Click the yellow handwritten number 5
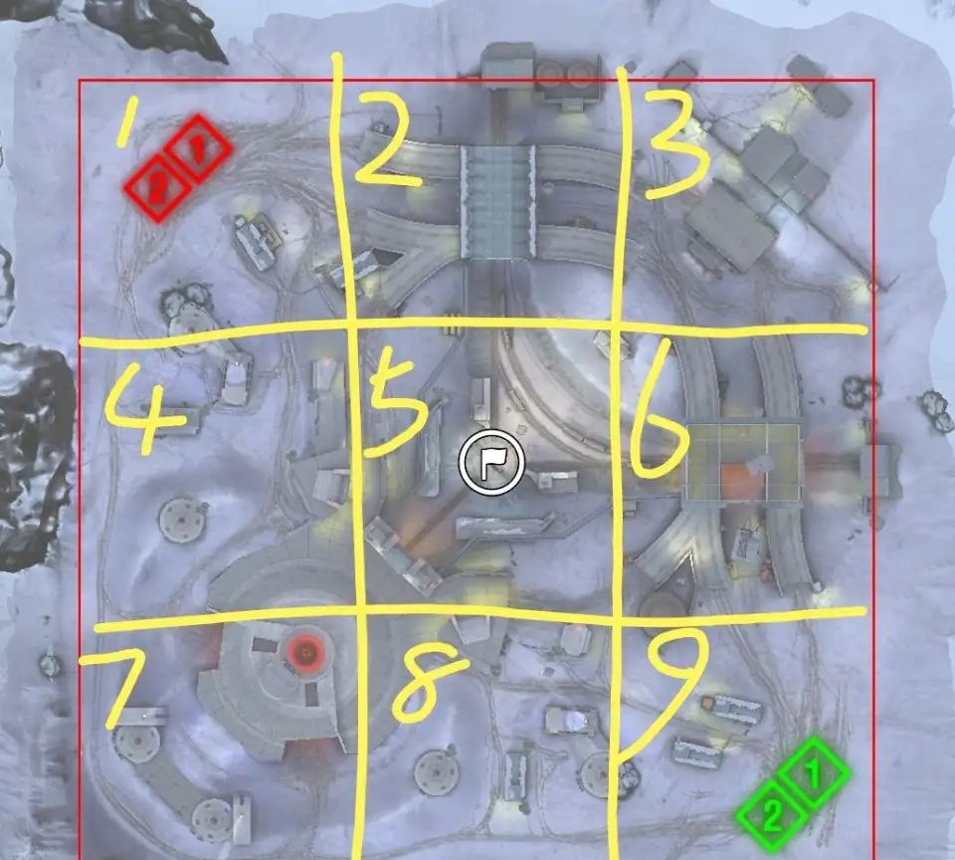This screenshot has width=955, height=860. [396, 406]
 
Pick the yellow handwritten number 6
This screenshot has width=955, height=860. [658, 414]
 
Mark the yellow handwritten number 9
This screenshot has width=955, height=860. [664, 695]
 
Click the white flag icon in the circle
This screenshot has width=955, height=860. [491, 462]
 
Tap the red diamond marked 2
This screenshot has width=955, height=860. [156, 188]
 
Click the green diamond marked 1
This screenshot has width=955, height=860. [815, 771]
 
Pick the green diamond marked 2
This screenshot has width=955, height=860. [771, 814]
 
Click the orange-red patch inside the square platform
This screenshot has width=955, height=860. [738, 480]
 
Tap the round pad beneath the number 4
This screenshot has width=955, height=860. [181, 520]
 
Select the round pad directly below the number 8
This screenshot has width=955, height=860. [438, 772]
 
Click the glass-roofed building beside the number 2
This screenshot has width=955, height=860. [498, 201]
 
